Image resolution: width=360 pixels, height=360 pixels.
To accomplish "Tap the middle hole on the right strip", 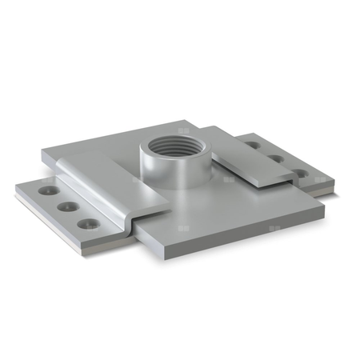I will [276, 158].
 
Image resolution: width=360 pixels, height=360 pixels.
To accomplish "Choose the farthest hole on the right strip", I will [254, 146].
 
